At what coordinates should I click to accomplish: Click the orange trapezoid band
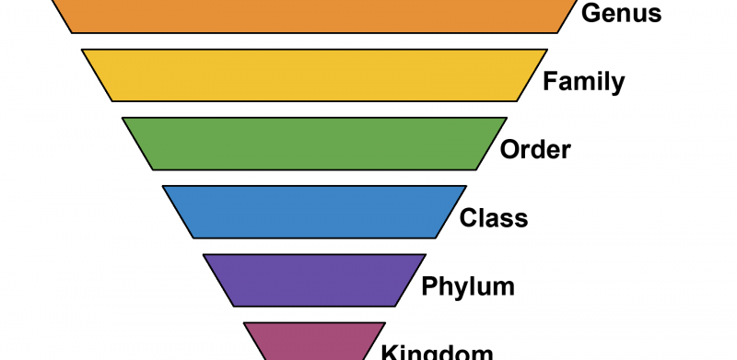[x=313, y=15]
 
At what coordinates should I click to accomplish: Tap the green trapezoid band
[x=314, y=144]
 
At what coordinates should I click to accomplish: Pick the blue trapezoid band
[x=314, y=212]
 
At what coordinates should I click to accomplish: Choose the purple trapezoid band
[x=314, y=280]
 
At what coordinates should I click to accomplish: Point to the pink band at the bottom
[x=314, y=343]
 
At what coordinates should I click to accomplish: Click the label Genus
[x=621, y=13]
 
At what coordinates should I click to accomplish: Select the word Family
[x=583, y=82]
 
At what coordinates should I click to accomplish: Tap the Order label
[x=535, y=149]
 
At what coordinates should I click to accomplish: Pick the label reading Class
[x=494, y=218]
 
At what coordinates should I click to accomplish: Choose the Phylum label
[x=468, y=286]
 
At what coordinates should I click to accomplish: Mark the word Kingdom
[x=437, y=352]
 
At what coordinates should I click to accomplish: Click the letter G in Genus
[x=591, y=13]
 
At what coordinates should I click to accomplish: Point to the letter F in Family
[x=549, y=82]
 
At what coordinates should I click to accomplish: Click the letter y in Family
[x=617, y=85]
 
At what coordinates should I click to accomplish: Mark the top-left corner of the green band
[x=123, y=118]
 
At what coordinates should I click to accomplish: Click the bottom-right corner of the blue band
[x=436, y=238]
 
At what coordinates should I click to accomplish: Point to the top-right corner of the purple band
[x=426, y=255]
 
